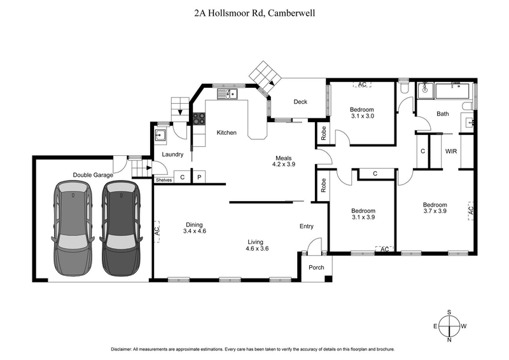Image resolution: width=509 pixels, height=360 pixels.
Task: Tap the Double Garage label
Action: click(x=93, y=175)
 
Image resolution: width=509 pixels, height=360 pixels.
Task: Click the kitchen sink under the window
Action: click(x=227, y=95)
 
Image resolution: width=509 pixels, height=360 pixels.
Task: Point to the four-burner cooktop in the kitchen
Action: click(x=199, y=118)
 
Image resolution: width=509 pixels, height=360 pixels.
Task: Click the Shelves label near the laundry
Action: click(x=164, y=179)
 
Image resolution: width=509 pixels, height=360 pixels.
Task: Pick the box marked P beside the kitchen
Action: click(x=199, y=177)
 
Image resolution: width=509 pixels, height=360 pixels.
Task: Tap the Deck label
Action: click(x=300, y=102)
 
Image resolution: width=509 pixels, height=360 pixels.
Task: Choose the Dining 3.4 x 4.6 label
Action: click(x=194, y=228)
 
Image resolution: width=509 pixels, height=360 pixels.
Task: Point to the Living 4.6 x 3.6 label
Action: click(x=256, y=246)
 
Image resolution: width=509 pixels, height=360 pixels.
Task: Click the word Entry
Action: click(x=307, y=226)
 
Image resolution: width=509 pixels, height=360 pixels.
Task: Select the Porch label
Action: click(x=316, y=267)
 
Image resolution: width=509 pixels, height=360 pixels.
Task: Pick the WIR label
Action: click(x=450, y=151)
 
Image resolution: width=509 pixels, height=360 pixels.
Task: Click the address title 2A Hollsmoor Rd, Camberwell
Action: click(x=254, y=12)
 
